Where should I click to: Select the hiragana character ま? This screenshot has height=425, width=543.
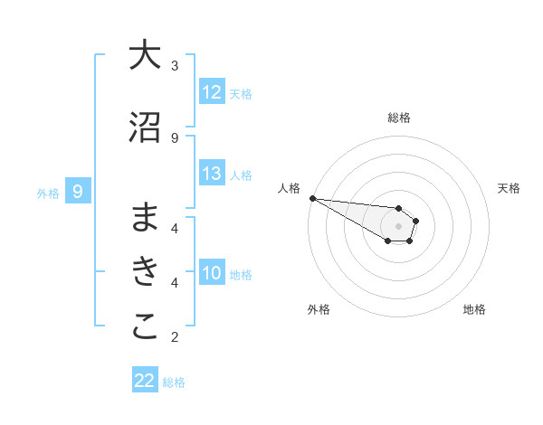point(145,217)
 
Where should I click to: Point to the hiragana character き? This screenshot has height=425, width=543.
point(145,272)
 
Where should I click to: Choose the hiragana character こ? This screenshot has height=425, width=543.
point(145,327)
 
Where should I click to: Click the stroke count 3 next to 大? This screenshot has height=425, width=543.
point(175,66)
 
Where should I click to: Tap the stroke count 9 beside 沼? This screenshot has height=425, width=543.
point(175,137)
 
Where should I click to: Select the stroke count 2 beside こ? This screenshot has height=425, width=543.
point(175,337)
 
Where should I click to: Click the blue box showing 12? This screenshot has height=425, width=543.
point(212,92)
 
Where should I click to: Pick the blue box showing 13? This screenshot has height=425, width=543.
point(212,175)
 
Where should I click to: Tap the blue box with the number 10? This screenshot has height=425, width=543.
point(212,274)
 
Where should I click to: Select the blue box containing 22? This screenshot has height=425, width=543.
point(145,381)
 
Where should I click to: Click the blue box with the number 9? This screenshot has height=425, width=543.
point(78,192)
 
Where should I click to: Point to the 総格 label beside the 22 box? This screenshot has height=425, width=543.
point(174,382)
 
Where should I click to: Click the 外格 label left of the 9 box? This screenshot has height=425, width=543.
point(48,193)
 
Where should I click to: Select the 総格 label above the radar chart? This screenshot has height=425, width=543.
point(399,118)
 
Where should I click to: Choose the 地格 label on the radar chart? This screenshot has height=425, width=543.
point(474,309)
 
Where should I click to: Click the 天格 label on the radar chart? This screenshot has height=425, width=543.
point(510,188)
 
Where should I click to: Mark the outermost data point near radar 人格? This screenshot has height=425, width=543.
point(311,198)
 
